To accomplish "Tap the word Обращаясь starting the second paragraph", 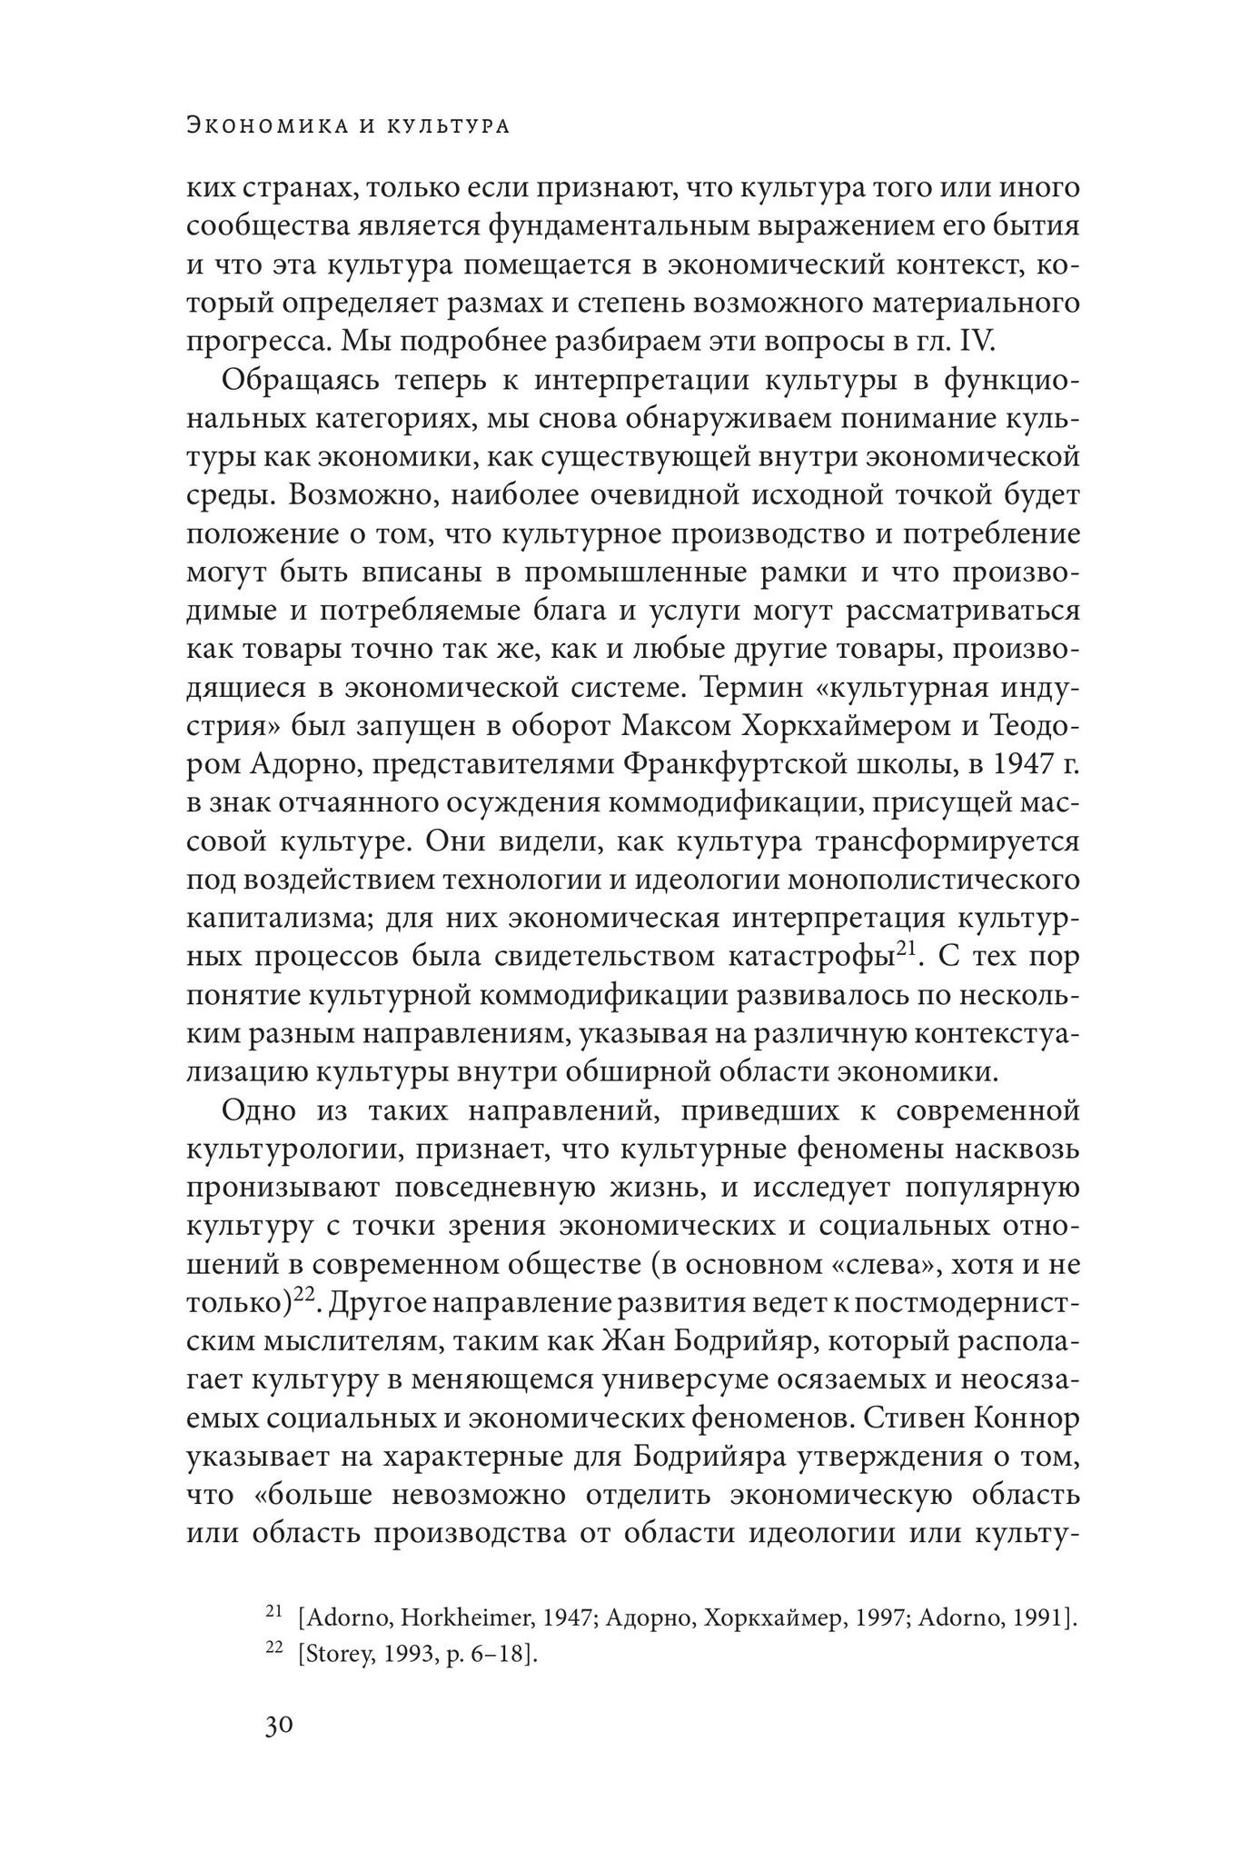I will pyautogui.click(x=296, y=381).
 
